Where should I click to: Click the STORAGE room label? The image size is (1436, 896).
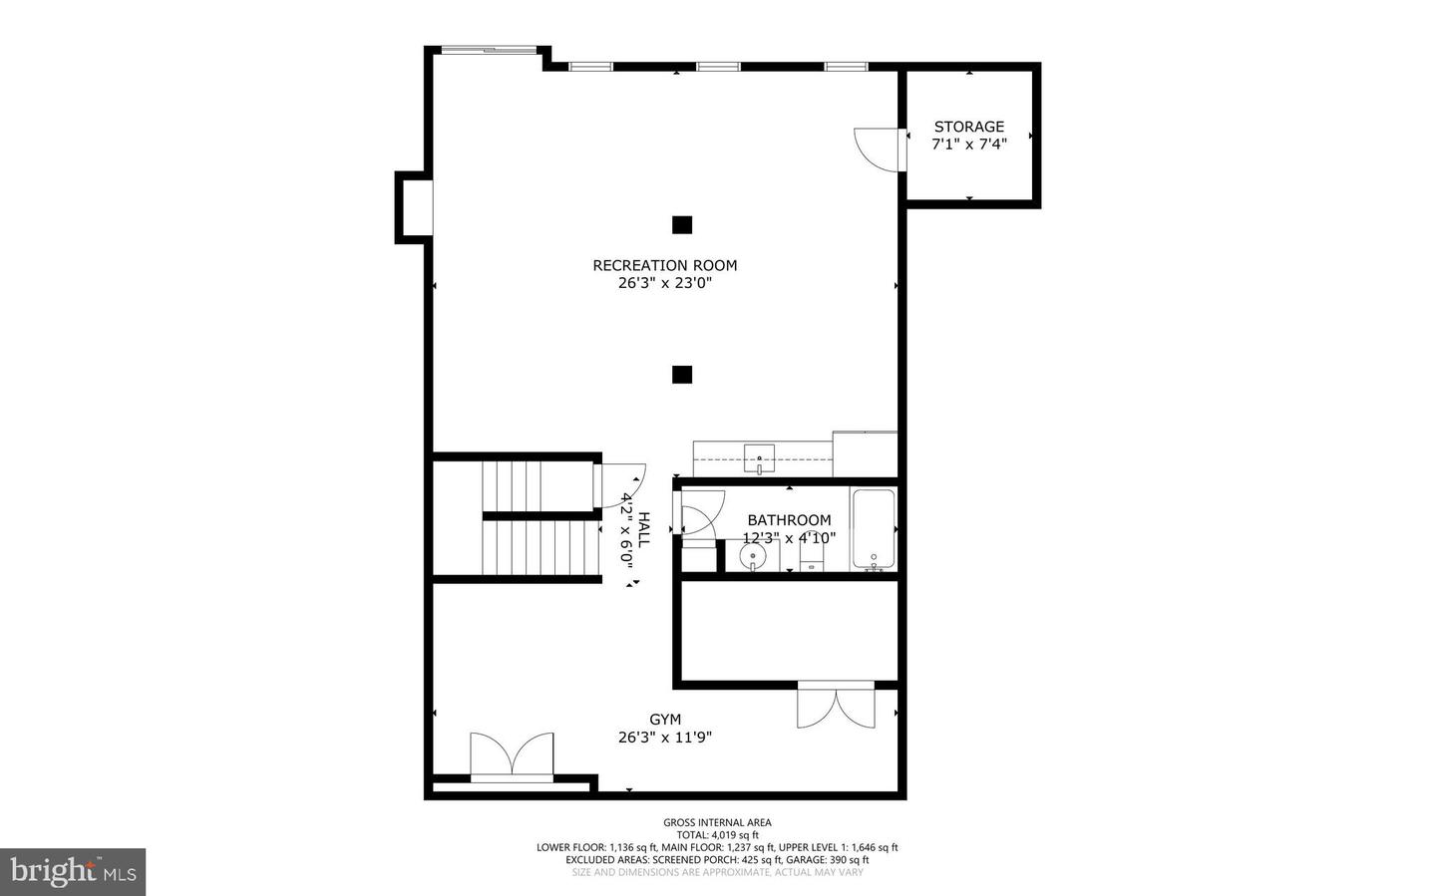click(968, 127)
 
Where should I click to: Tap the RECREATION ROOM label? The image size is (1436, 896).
click(665, 265)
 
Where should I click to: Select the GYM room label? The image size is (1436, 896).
click(665, 720)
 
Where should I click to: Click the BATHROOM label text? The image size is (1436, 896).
click(789, 520)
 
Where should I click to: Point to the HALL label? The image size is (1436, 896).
click(643, 529)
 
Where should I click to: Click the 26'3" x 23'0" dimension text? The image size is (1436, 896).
click(665, 283)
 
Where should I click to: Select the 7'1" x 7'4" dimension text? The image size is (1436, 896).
click(968, 145)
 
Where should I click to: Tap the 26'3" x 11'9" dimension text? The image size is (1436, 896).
click(665, 738)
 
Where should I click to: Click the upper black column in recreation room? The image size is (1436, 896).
click(681, 225)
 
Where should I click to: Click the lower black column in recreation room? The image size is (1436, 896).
click(681, 375)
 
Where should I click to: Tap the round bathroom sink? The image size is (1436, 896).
click(752, 554)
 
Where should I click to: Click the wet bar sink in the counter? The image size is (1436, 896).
click(760, 459)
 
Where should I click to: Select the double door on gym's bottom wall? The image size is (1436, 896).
click(512, 755)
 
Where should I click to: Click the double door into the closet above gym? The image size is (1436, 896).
click(836, 706)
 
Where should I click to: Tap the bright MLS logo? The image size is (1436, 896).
click(73, 872)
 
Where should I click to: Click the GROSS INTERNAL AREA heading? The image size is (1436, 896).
click(717, 822)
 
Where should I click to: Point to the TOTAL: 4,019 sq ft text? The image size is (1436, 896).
click(717, 835)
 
